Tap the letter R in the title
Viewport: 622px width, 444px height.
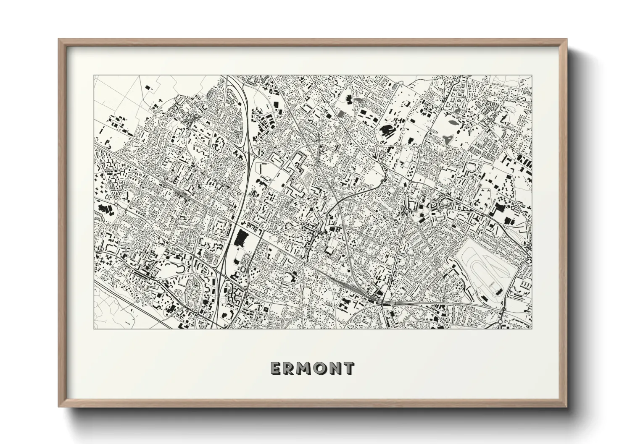[x=290, y=369]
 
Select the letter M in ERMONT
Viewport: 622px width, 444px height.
[x=304, y=369]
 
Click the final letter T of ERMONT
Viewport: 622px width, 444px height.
[x=348, y=369]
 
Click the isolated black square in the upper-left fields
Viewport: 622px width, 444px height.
[x=148, y=87]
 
